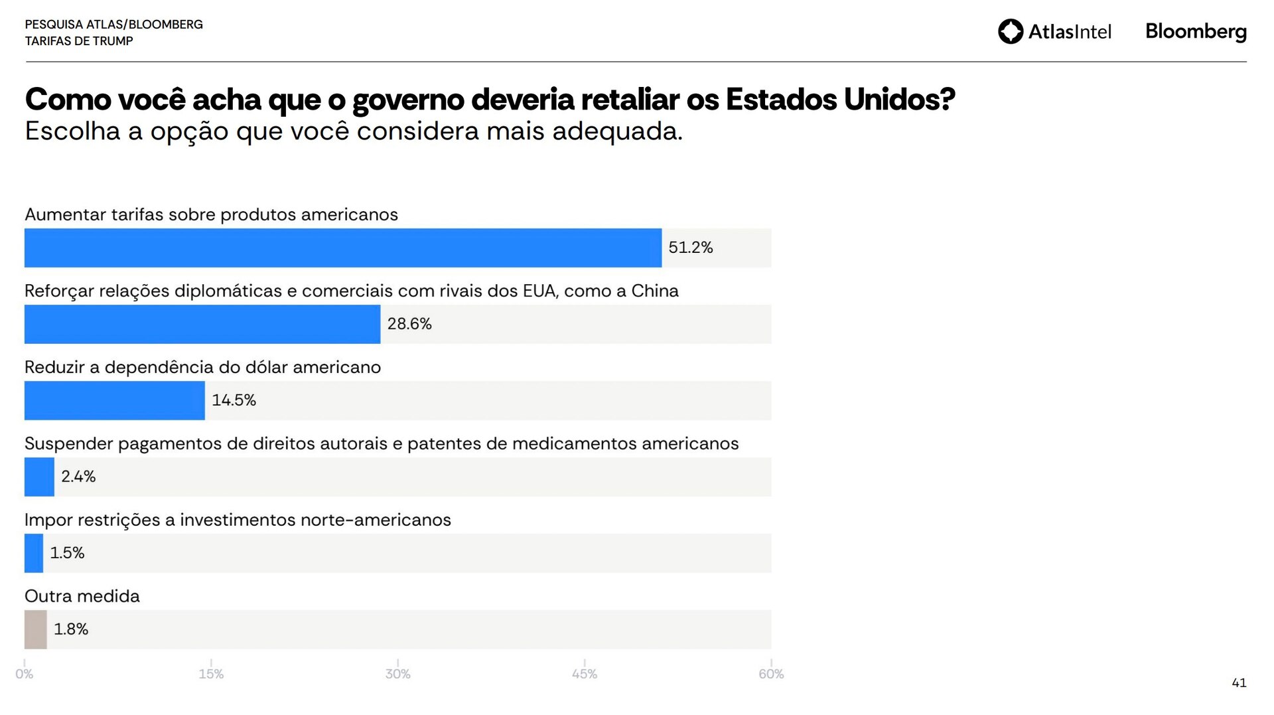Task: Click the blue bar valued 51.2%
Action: tap(342, 248)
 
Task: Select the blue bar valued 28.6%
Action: tap(202, 324)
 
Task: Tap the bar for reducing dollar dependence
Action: tap(114, 400)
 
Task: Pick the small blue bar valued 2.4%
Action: tap(39, 477)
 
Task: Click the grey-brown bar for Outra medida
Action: tap(36, 629)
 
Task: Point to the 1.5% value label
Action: tap(67, 553)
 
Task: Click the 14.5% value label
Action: tap(234, 400)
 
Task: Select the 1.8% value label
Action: tap(71, 629)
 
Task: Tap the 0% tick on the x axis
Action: tap(25, 674)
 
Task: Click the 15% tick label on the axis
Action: tap(211, 674)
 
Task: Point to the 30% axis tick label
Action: tap(398, 674)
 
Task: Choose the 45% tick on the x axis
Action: tap(585, 674)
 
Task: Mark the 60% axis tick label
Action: tap(771, 674)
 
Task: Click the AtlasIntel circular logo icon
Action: tap(1011, 31)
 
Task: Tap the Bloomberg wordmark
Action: tap(1196, 31)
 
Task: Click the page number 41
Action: tap(1239, 682)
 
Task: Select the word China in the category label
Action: tap(655, 291)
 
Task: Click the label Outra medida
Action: tap(82, 596)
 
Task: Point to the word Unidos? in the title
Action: tap(899, 100)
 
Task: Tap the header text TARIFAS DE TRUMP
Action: tap(79, 41)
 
